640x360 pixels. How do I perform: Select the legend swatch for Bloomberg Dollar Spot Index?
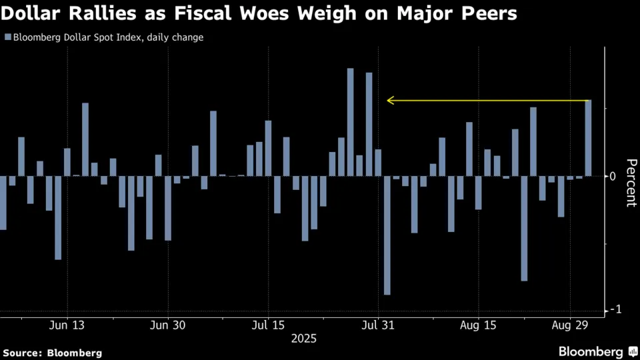[7, 38]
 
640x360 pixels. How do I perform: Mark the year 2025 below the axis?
[304, 339]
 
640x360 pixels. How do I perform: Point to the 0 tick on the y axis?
[613, 177]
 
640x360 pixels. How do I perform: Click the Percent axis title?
[631, 183]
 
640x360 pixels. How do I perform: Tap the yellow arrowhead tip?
[388, 101]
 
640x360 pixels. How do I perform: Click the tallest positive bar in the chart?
[350, 122]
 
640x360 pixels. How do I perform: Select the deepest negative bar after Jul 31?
[387, 235]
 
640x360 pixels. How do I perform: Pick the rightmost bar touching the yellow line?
[588, 138]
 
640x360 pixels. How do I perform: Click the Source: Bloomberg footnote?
[53, 352]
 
